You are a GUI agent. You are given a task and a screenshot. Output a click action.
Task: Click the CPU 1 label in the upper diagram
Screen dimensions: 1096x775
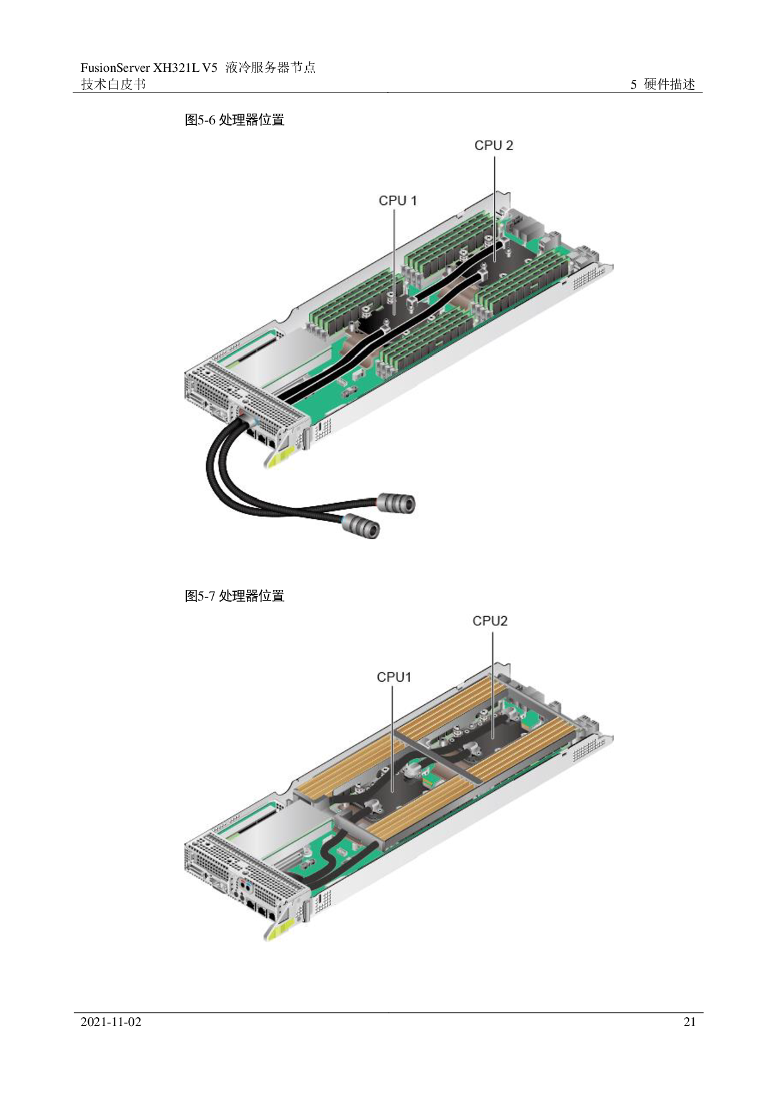(397, 201)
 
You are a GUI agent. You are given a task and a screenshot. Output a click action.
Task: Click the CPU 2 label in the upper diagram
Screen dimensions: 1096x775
(494, 145)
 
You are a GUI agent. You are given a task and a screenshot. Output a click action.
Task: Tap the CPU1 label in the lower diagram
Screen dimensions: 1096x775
(394, 677)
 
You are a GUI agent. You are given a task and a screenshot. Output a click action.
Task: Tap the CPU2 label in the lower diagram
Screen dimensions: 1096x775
(490, 621)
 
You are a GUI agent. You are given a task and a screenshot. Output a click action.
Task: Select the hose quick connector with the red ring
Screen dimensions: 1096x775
(395, 502)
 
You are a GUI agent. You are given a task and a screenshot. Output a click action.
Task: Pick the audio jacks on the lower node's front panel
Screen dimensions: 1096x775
(246, 887)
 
